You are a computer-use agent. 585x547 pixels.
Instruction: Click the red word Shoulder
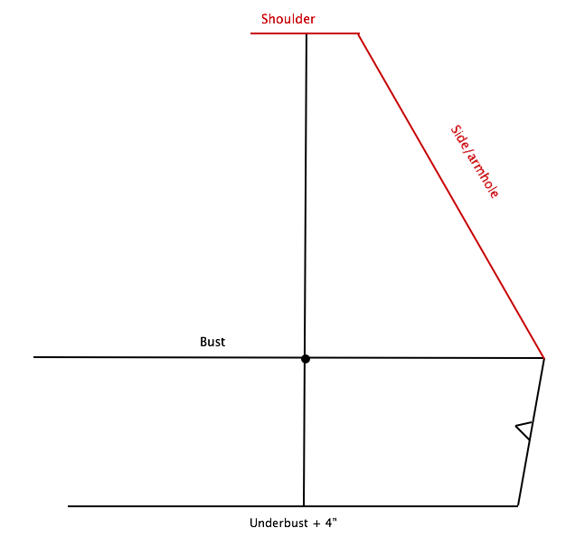tap(288, 19)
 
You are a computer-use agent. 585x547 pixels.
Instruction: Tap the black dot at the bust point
tap(306, 359)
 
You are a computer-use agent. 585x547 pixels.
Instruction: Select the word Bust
tap(212, 342)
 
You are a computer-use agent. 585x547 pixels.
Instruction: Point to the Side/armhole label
tap(474, 161)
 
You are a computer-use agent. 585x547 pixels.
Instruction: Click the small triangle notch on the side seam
tap(524, 430)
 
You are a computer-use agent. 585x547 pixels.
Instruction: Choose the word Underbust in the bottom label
tap(279, 523)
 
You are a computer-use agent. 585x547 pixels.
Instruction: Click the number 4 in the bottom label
tap(328, 523)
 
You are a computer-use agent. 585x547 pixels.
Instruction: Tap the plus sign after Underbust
tap(316, 523)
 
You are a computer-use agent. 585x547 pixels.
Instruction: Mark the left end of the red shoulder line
tap(250, 33)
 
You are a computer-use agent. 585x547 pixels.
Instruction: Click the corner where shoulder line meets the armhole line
tap(359, 33)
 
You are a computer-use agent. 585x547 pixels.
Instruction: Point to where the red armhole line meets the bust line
tap(544, 358)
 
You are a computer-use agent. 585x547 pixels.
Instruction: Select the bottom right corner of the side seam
tap(518, 506)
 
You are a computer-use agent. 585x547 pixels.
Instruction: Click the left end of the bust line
tap(34, 357)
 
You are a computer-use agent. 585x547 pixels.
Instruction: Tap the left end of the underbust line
tap(69, 506)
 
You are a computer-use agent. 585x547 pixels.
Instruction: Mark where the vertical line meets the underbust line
tap(304, 506)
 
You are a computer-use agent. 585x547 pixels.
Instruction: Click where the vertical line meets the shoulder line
tap(307, 33)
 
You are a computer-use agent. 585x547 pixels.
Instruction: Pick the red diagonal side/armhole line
tap(451, 196)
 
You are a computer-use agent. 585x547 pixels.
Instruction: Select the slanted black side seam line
tap(531, 432)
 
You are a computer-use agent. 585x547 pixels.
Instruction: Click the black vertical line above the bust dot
tap(306, 194)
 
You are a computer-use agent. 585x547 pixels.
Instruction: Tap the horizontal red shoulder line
tap(305, 33)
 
